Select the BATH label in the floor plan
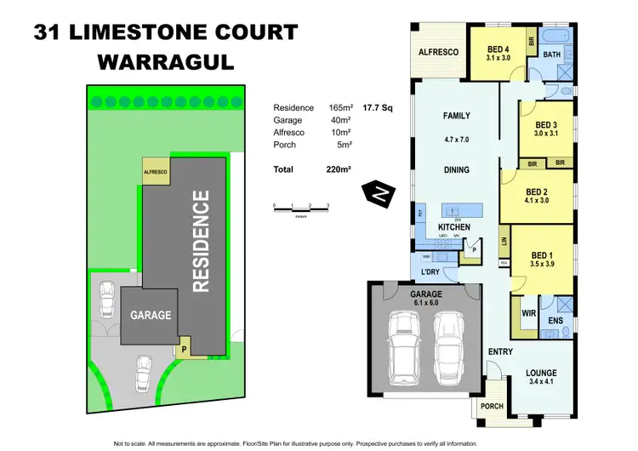pyautogui.click(x=552, y=54)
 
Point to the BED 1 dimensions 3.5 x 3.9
pyautogui.click(x=542, y=265)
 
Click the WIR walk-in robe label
pyautogui.click(x=527, y=313)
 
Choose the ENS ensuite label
pyautogui.click(x=555, y=320)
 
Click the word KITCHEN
pyautogui.click(x=453, y=228)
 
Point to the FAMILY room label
pyautogui.click(x=457, y=116)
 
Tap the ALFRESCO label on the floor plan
pyautogui.click(x=438, y=53)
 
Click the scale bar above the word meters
pyautogui.click(x=300, y=206)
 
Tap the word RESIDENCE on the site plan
pyautogui.click(x=201, y=242)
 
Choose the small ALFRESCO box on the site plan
pyautogui.click(x=156, y=172)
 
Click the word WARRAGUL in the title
pyautogui.click(x=165, y=60)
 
